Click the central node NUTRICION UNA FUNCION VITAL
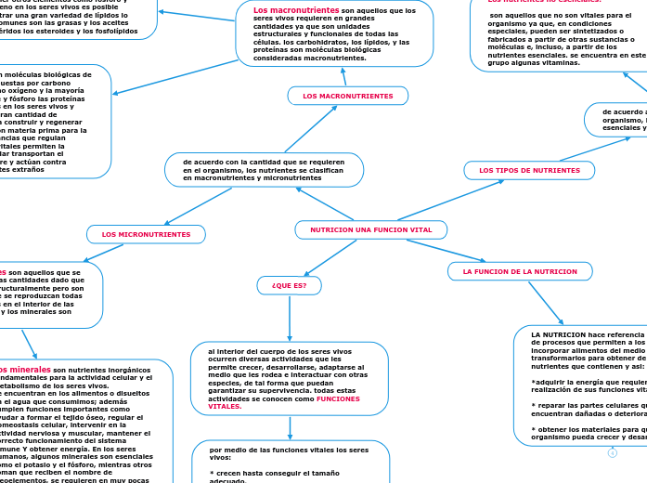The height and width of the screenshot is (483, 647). [370, 229]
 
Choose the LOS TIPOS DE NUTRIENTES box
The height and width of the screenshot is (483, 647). [529, 170]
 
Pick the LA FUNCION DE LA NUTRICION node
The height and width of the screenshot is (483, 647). [520, 271]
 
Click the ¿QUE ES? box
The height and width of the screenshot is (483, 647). [289, 285]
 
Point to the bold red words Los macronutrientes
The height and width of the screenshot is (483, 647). [289, 10]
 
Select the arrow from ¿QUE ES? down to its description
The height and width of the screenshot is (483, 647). [290, 318]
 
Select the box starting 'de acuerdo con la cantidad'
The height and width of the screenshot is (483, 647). [264, 169]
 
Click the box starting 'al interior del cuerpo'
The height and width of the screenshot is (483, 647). [289, 378]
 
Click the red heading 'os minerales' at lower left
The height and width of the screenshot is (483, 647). [26, 369]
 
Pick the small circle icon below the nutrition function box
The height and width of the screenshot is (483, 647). [613, 453]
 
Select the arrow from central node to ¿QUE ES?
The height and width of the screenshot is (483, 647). [321, 256]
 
